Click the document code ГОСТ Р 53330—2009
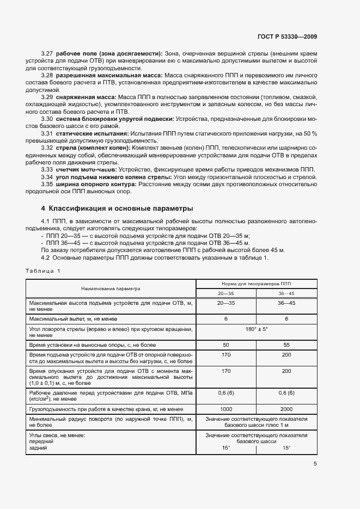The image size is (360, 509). pos(288,36)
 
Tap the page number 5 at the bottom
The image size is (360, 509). pos(315,464)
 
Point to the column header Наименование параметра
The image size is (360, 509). pos(111,289)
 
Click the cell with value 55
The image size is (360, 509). pos(287,345)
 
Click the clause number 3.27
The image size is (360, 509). pos(47,53)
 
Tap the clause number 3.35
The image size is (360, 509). pos(47,184)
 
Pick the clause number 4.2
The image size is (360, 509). pos(45,257)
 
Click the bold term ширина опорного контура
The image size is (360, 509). pos(96,184)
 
